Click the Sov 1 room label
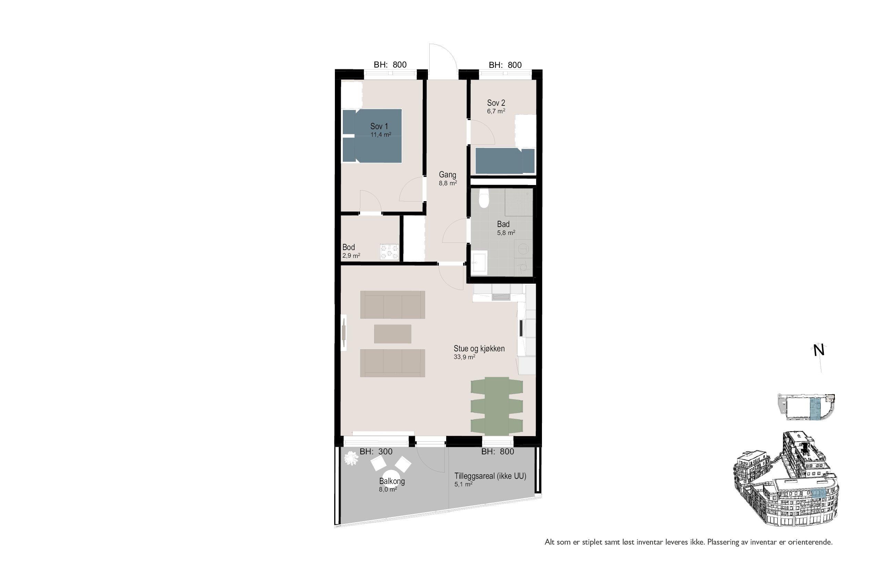coord(379,126)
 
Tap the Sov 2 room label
coord(496,103)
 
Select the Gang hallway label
coord(448,175)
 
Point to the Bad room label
coord(503,224)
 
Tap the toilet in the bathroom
coord(484,199)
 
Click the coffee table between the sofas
coord(393,334)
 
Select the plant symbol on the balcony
coord(351,458)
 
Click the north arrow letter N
coord(819,351)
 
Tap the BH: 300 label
coord(376,452)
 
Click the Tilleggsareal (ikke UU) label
coord(490,476)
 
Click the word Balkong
coord(392,481)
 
